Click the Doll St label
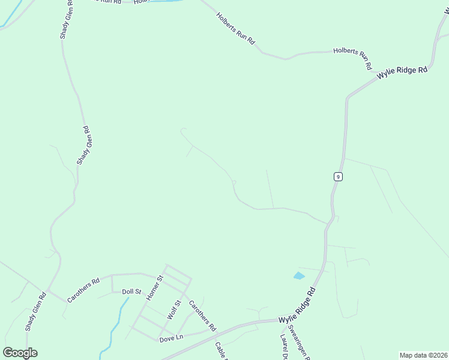(131, 292)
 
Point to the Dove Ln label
(171, 338)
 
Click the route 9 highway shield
(339, 176)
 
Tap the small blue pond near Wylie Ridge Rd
(299, 276)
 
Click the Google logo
(20, 353)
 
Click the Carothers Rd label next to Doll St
(83, 290)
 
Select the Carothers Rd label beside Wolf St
(202, 316)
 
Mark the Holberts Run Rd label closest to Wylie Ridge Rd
(353, 58)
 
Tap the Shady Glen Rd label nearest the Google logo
(35, 311)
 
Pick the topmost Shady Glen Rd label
(67, 21)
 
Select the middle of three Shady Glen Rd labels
(83, 145)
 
